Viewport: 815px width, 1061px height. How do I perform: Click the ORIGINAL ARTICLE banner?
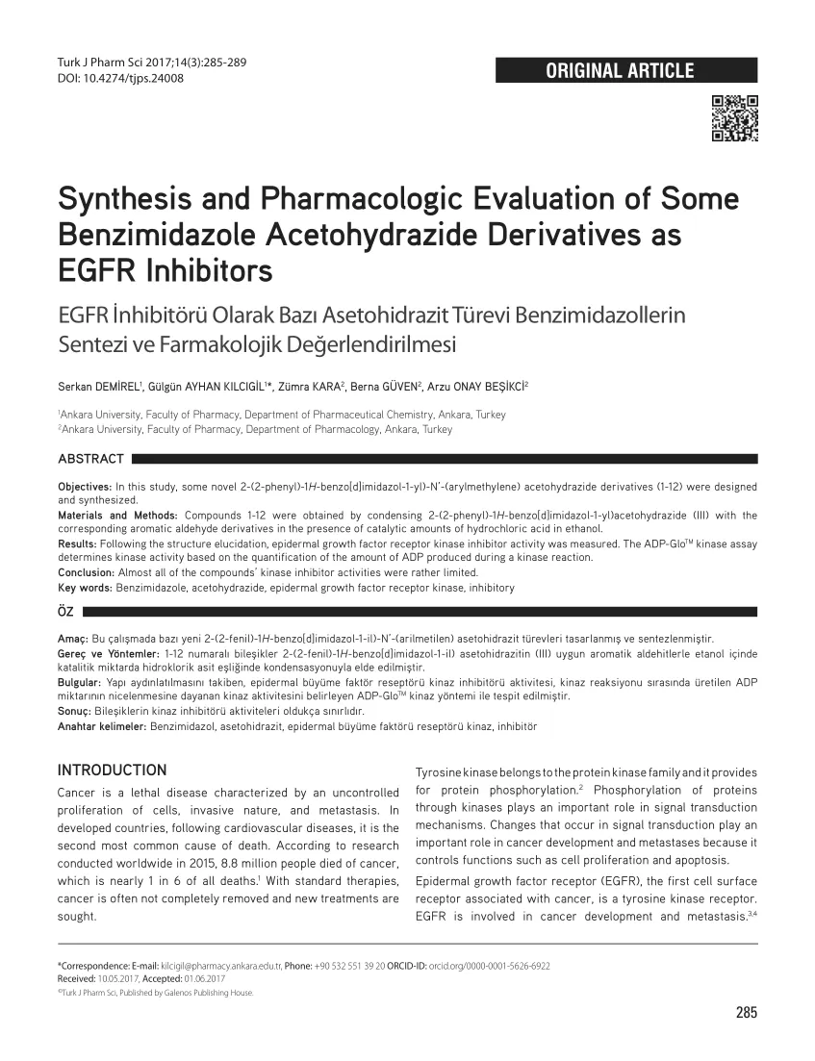coord(625,70)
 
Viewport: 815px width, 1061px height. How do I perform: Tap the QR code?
coord(734,118)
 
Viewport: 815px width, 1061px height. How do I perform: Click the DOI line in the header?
coord(120,78)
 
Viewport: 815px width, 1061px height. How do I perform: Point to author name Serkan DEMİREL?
coord(99,386)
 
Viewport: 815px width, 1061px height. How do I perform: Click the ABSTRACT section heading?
coord(90,458)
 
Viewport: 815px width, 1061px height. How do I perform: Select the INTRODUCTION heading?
coord(112,770)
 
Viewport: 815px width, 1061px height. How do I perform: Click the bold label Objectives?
coord(85,488)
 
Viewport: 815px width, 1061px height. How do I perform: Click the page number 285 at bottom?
coord(746,1012)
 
